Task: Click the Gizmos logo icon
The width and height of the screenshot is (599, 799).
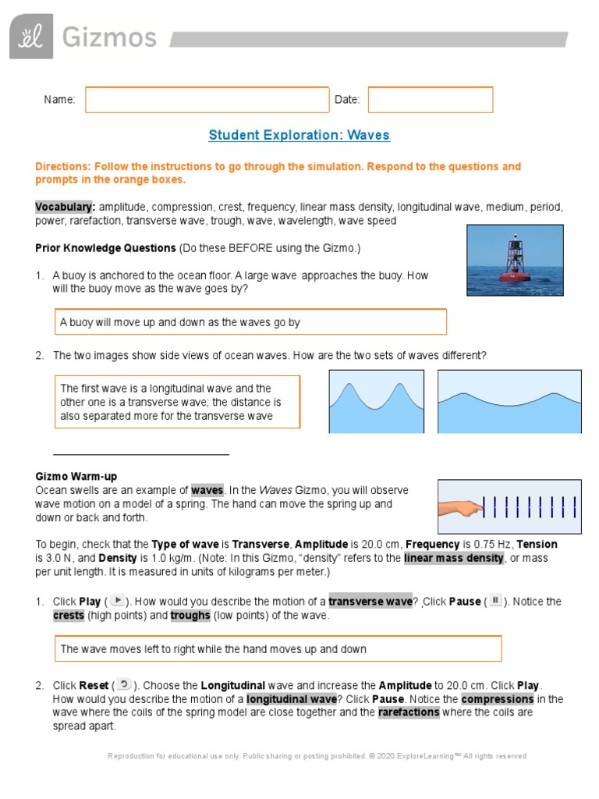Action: coord(31,37)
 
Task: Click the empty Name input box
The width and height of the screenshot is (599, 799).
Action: coord(207,100)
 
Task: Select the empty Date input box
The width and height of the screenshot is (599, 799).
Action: coord(431,100)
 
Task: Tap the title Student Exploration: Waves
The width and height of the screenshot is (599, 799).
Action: coord(299,135)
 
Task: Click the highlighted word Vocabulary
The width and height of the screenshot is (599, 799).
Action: coord(65,207)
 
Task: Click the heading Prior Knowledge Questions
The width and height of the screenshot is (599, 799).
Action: coord(105,248)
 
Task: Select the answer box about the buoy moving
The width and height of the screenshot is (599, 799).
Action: coord(250,322)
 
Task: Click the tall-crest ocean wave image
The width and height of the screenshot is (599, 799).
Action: coord(376,402)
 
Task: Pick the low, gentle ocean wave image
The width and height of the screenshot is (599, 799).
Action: coord(509,402)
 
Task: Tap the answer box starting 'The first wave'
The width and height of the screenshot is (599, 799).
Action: coord(177,403)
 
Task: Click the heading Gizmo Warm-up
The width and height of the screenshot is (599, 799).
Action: coord(76,476)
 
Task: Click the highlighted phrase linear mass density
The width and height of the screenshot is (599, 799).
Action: coord(454,558)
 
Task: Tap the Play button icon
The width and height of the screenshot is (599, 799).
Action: coord(117,601)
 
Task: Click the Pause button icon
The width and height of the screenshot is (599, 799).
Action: coord(495,601)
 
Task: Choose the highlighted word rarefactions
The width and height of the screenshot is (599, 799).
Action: coord(409,712)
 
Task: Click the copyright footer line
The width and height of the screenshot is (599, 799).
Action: coord(317,756)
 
